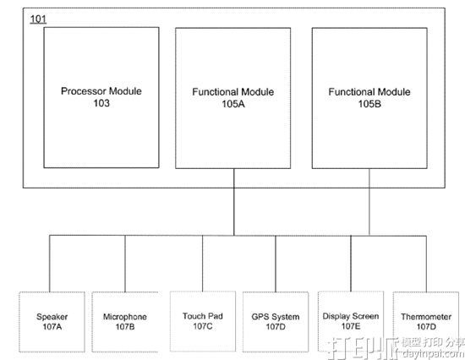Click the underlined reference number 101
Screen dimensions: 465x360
click(x=38, y=19)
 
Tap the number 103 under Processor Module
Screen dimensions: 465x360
click(x=101, y=103)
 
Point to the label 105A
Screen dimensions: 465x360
click(x=233, y=104)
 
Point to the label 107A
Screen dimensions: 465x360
click(x=52, y=327)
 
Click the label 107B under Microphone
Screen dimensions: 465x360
click(x=125, y=327)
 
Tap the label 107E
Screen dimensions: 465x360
click(x=351, y=326)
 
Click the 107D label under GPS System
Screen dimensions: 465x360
click(x=276, y=327)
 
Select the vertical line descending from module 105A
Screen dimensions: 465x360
click(x=234, y=202)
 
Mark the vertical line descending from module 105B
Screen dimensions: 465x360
click(x=369, y=202)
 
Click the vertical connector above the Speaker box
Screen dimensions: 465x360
click(x=50, y=264)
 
